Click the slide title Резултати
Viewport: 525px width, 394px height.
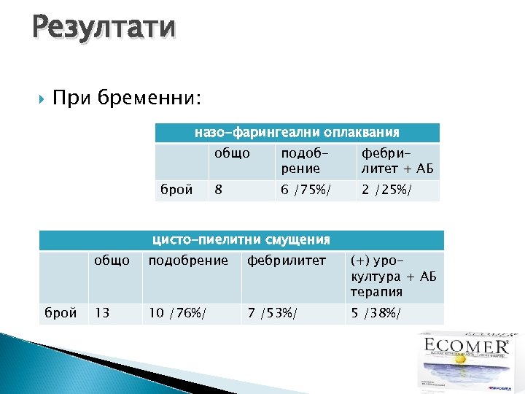tap(104, 27)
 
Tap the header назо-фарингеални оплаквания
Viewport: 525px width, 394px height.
tap(296, 133)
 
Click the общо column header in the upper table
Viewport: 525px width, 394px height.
tap(231, 154)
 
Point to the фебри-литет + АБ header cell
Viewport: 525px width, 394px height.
tap(397, 161)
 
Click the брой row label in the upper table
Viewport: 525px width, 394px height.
tap(176, 190)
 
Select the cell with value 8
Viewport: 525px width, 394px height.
tap(218, 190)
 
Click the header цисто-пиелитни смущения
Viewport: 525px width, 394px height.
tap(241, 240)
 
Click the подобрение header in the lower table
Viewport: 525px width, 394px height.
tap(188, 260)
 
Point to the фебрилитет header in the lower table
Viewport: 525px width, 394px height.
tap(286, 260)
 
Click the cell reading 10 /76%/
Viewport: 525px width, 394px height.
tap(177, 314)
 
